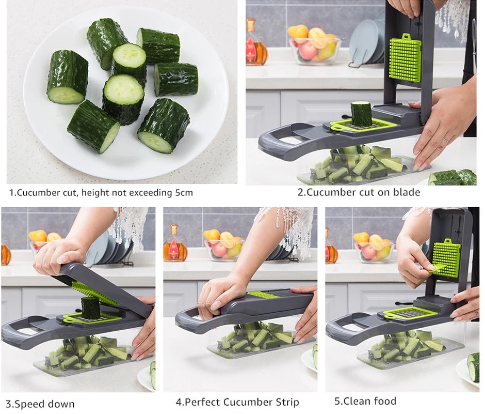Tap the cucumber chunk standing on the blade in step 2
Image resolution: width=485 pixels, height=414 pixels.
(361, 113)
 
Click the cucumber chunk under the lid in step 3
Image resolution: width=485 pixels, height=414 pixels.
(91, 308)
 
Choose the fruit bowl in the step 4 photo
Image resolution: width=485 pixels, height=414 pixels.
(223, 245)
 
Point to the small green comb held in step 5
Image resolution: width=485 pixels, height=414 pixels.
(437, 267)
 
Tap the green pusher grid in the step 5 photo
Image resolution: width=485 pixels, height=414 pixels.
(446, 258)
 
